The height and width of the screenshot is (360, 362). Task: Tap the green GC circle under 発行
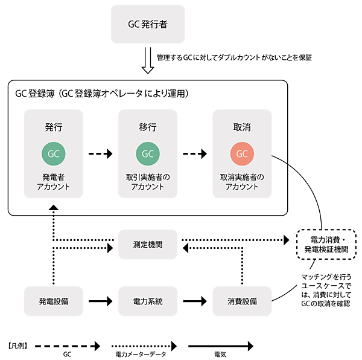pos(54,154)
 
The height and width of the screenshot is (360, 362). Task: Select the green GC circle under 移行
pos(148,154)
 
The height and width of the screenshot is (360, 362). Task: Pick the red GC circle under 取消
pos(242,154)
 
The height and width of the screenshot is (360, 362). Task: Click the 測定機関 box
pos(148,245)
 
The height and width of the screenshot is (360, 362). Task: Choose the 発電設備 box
pos(54,300)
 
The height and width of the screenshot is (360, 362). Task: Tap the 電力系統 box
pos(148,300)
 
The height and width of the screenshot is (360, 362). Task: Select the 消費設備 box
pos(242,300)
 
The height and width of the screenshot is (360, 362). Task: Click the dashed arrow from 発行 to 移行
pos(101,154)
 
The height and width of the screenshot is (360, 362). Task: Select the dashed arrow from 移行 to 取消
pos(195,154)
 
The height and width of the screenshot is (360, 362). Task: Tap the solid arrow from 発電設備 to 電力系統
pos(101,300)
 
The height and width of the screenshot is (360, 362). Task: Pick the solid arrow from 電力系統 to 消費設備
pos(195,300)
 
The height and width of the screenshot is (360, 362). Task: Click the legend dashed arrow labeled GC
pos(67,347)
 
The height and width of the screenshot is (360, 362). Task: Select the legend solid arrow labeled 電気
pos(221,347)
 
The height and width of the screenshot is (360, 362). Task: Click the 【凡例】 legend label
pos(19,347)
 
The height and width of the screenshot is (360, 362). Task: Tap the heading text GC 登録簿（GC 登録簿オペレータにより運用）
pos(103,94)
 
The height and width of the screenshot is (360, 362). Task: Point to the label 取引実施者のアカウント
pos(148,182)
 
